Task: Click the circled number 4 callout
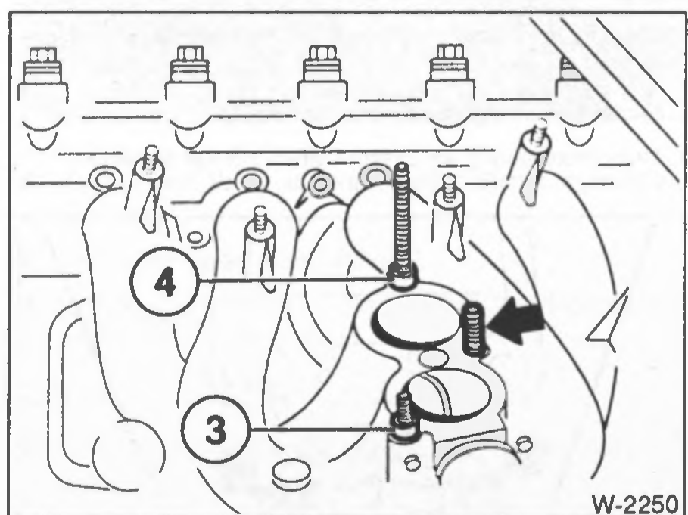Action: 164,281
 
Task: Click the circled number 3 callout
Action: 216,429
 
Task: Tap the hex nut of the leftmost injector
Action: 42,54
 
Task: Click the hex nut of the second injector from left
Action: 190,54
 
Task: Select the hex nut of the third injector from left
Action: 322,54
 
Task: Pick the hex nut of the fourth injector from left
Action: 450,52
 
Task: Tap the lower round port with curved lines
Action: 449,393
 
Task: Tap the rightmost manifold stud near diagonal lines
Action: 539,132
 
